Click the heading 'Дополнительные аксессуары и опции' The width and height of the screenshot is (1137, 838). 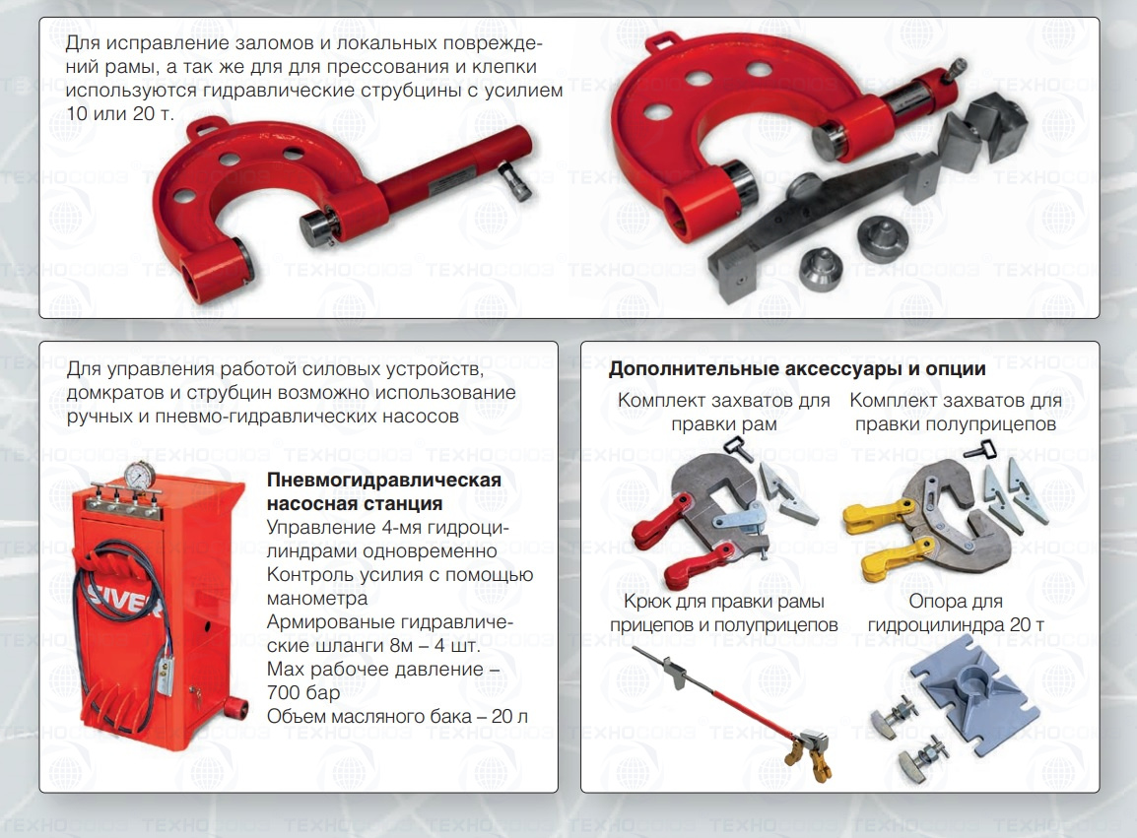tap(797, 369)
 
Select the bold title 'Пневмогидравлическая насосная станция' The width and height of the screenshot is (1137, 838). tap(383, 491)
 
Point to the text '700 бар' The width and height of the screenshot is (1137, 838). tap(303, 693)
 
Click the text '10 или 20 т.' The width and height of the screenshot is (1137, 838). tap(120, 114)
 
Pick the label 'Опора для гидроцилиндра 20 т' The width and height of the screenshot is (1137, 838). tap(956, 612)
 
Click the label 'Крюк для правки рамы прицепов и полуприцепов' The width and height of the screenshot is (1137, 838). tap(723, 612)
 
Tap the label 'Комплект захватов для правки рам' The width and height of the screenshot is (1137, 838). tap(723, 412)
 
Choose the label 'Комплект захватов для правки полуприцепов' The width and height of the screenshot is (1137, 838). tap(955, 412)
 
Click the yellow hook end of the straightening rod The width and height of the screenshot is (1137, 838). tap(811, 757)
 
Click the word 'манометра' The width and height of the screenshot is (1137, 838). tap(317, 599)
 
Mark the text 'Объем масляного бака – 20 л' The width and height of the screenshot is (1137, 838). tap(397, 716)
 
